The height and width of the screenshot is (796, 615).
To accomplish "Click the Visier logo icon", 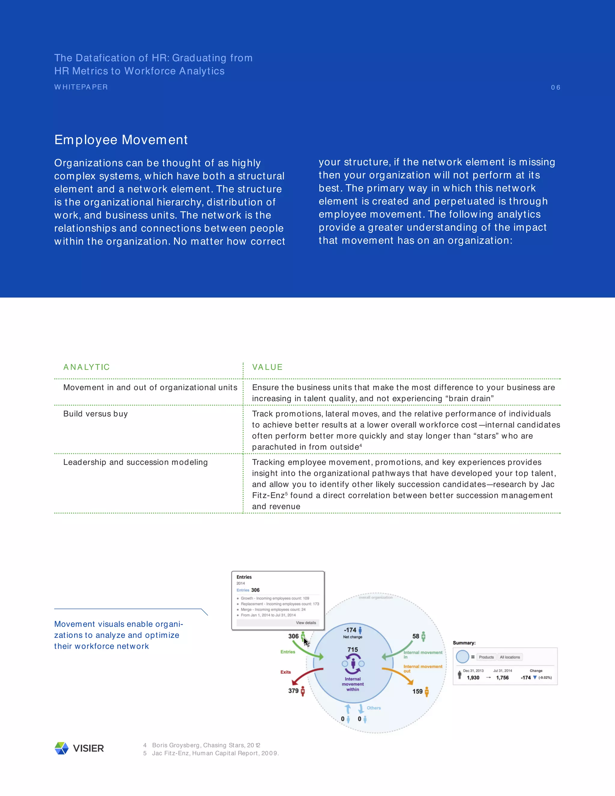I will [x=62, y=748].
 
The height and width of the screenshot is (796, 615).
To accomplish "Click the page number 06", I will [x=555, y=87].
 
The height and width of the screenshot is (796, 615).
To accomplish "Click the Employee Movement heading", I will [x=121, y=140].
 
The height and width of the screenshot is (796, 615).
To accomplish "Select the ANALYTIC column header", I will [x=86, y=367].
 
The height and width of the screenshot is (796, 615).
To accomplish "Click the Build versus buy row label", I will [x=95, y=414].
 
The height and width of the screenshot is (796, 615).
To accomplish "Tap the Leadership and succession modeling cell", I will [x=135, y=462].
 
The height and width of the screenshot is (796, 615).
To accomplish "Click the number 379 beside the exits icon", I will [x=293, y=691].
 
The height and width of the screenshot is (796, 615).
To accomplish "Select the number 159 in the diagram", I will [x=417, y=691].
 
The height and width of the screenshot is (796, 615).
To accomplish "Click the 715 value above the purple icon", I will [x=353, y=649].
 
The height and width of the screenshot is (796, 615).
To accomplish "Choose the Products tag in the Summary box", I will [x=486, y=657].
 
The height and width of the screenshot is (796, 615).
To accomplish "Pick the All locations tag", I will [x=510, y=657].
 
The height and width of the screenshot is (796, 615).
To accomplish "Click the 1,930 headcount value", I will [x=473, y=678].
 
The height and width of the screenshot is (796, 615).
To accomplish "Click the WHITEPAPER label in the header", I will [x=81, y=87].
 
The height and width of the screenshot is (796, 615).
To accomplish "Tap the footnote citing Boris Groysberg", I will [x=206, y=745].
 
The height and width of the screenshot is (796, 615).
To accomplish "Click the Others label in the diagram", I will [x=374, y=708].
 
